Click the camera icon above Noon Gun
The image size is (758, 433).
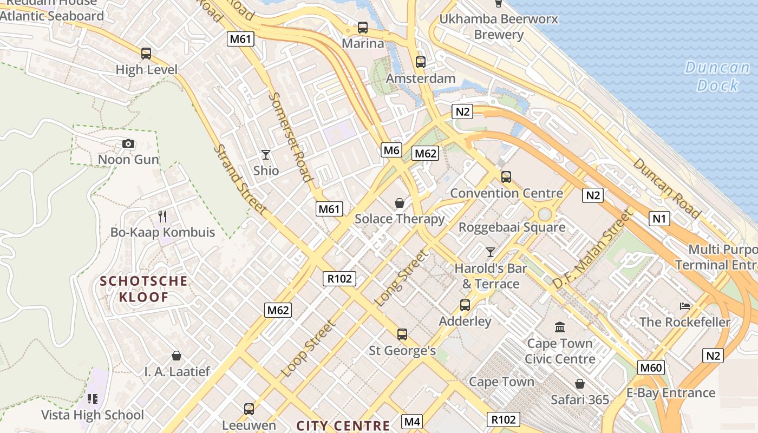click(128, 143)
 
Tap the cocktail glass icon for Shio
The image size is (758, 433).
click(265, 155)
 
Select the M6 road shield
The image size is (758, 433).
click(391, 150)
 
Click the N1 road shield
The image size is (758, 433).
click(659, 219)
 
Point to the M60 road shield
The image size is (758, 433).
click(651, 368)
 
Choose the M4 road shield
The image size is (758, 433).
click(412, 421)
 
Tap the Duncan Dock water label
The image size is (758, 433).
click(717, 76)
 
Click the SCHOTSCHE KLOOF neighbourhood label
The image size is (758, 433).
click(144, 288)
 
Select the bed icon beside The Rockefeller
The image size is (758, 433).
click(685, 306)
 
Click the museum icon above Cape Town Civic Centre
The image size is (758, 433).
click(560, 327)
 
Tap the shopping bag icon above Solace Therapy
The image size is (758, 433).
click(399, 203)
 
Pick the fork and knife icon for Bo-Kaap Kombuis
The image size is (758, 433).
click(162, 216)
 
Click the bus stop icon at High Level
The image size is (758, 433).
click(146, 54)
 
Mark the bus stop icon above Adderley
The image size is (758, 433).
click(465, 305)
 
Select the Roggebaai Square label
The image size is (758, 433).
click(512, 227)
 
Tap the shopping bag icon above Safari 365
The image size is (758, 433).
click(580, 384)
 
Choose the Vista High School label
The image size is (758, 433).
click(93, 415)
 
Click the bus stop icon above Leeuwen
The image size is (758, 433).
click(249, 409)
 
